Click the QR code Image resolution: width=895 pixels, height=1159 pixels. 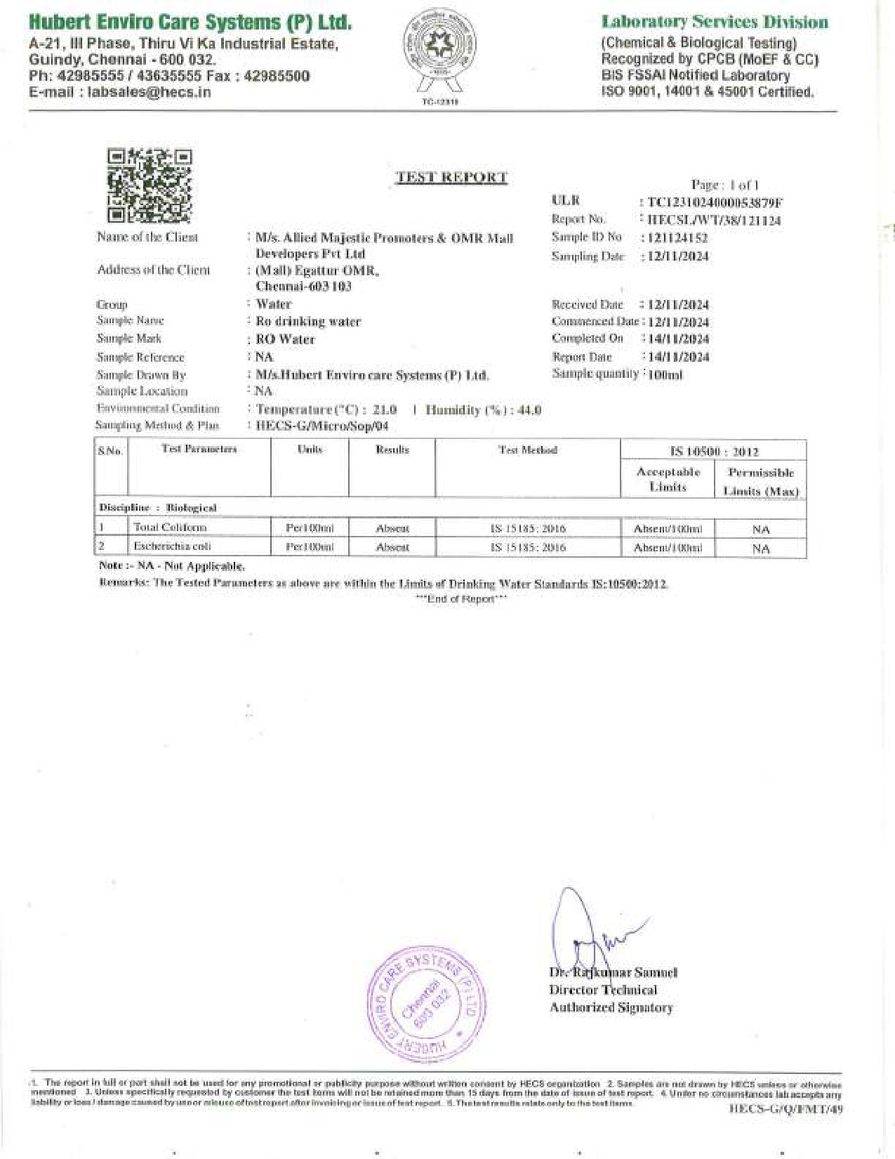[150, 185]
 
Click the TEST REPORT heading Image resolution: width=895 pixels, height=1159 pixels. [451, 177]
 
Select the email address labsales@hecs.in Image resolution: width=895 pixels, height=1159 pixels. [149, 92]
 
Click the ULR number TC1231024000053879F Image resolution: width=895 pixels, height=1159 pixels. [715, 203]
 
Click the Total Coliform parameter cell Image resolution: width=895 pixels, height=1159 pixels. [171, 528]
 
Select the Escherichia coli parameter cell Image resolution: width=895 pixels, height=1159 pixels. [173, 546]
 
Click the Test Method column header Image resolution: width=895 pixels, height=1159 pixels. [527, 450]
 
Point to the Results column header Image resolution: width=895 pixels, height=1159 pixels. [392, 450]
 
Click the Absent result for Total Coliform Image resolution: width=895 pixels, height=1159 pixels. [392, 528]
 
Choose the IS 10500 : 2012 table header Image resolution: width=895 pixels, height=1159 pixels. [713, 452]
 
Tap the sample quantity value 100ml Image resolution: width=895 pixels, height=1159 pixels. [665, 374]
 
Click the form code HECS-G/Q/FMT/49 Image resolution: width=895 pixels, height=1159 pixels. [786, 1109]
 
